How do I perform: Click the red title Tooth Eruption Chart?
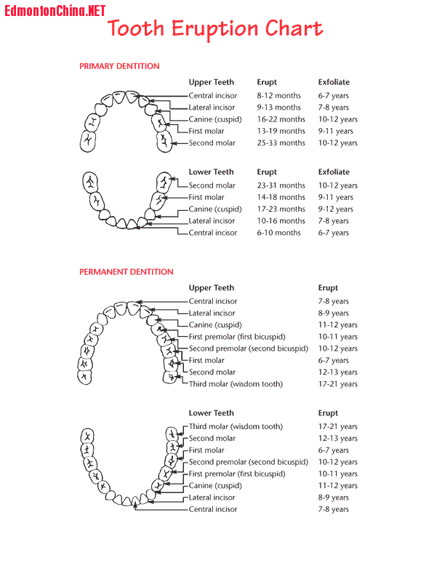click(215, 29)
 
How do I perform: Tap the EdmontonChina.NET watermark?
click(55, 11)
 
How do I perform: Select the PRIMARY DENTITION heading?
click(119, 66)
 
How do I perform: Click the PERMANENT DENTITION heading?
click(127, 272)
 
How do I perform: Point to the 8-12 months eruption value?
click(278, 96)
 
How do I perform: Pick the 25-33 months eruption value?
click(281, 143)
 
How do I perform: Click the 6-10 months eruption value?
click(278, 233)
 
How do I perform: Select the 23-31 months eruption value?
click(281, 185)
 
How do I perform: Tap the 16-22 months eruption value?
click(281, 119)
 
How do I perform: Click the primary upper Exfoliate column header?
click(333, 82)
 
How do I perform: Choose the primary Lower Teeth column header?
click(212, 172)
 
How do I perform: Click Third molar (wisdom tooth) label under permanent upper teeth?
click(236, 384)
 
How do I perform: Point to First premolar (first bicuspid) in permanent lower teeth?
click(237, 474)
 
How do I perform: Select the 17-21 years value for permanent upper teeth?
click(337, 384)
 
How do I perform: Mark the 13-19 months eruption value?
click(281, 132)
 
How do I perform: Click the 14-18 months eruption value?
click(281, 197)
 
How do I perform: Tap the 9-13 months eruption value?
click(278, 108)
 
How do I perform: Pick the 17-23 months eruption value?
click(281, 209)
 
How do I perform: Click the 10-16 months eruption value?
click(281, 221)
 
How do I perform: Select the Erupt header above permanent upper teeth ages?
click(328, 288)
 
